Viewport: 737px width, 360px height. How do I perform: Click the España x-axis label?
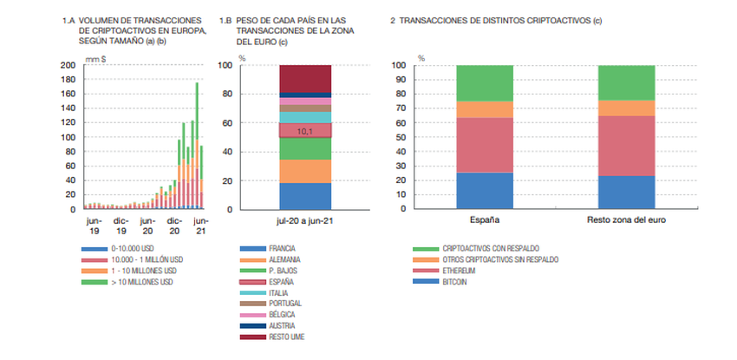484,220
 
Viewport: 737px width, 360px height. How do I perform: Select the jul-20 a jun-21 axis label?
304,222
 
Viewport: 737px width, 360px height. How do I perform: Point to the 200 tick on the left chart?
68,66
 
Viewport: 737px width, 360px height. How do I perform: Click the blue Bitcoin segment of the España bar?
484,191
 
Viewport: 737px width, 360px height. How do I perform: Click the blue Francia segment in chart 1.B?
304,196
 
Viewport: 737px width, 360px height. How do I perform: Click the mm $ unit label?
95,58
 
